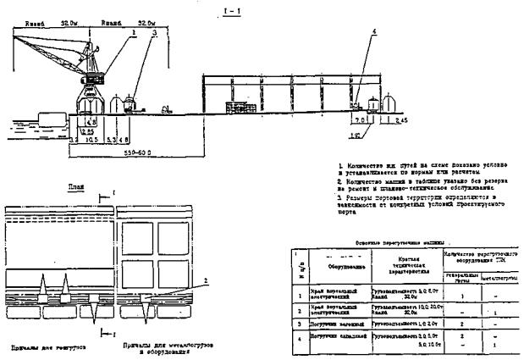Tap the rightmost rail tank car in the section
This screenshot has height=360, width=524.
coord(389,104)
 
